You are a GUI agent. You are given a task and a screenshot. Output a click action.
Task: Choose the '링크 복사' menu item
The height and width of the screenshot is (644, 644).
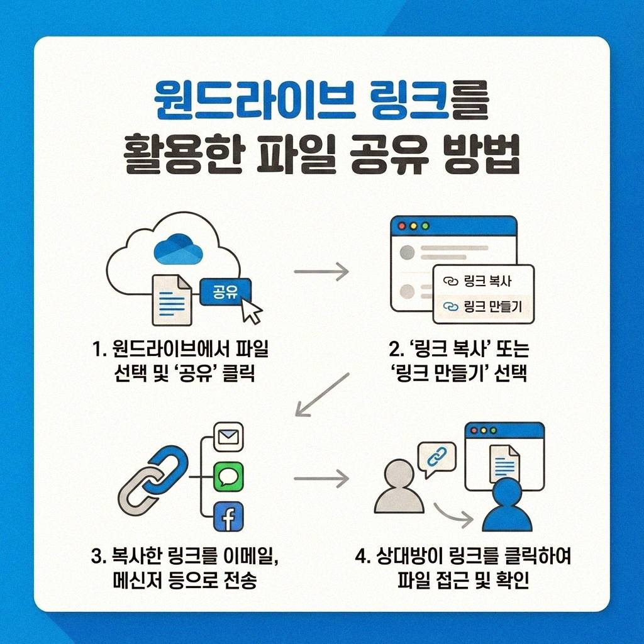pos(483,281)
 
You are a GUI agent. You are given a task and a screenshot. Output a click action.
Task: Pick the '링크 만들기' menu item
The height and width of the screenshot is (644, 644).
pos(483,306)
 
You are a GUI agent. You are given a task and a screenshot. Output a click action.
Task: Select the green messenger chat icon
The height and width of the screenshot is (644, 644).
pos(228,477)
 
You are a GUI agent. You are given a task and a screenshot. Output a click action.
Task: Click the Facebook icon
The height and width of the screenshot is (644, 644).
pos(228,517)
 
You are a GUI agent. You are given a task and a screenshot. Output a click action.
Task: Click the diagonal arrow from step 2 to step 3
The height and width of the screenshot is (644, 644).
pos(322,394)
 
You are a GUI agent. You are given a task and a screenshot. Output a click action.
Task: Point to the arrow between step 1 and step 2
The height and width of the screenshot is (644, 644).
pos(321,272)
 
